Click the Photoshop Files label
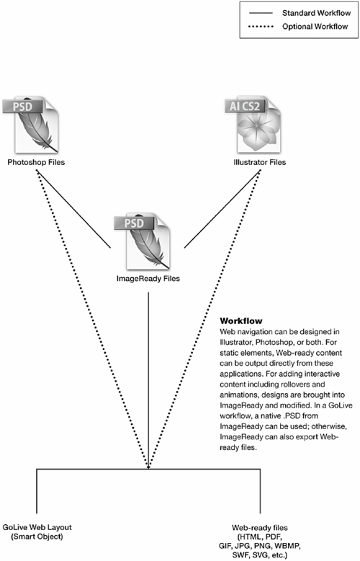tap(36, 163)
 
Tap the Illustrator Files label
tap(260, 163)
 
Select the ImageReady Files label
tap(148, 279)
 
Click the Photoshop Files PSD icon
tap(31, 125)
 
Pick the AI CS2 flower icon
tap(253, 125)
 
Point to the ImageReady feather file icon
tap(143, 242)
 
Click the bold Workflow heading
tap(240, 320)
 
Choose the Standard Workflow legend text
tap(316, 13)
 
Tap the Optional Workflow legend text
tap(315, 27)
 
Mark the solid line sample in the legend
tap(261, 14)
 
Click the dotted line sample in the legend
tap(261, 27)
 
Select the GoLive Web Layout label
tap(37, 527)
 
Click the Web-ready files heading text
tap(260, 528)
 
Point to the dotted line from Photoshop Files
tap(92, 319)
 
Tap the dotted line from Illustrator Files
tap(204, 319)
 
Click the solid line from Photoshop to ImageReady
tap(73, 209)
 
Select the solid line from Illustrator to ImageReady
tap(222, 209)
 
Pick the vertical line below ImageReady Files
tap(148, 380)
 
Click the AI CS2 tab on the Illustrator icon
tap(245, 106)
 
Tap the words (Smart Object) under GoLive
tap(37, 537)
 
